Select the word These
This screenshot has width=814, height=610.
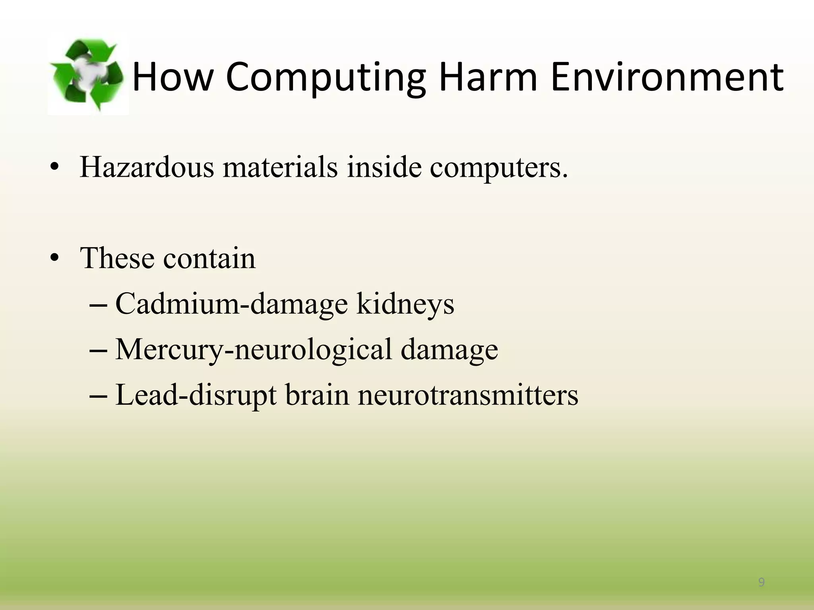click(x=117, y=259)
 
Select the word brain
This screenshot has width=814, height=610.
click(x=317, y=395)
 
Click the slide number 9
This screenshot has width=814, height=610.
click(x=761, y=583)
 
